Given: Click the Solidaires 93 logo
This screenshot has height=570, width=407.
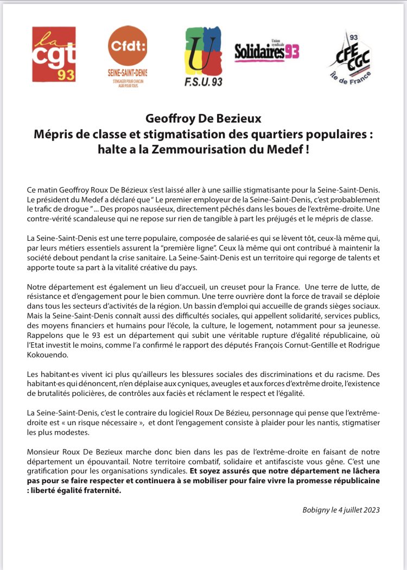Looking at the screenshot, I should [266, 52].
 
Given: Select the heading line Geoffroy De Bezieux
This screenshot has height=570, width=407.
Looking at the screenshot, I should [203, 118].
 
